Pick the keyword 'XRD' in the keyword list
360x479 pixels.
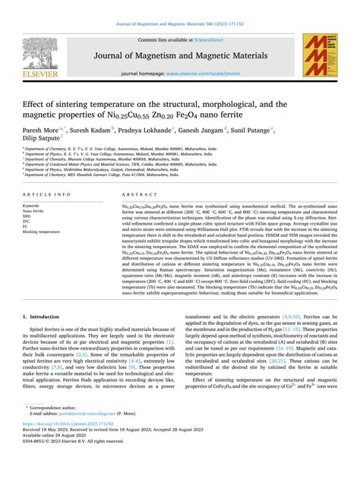pos(28,216)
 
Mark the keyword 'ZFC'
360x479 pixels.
pos(27,221)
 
